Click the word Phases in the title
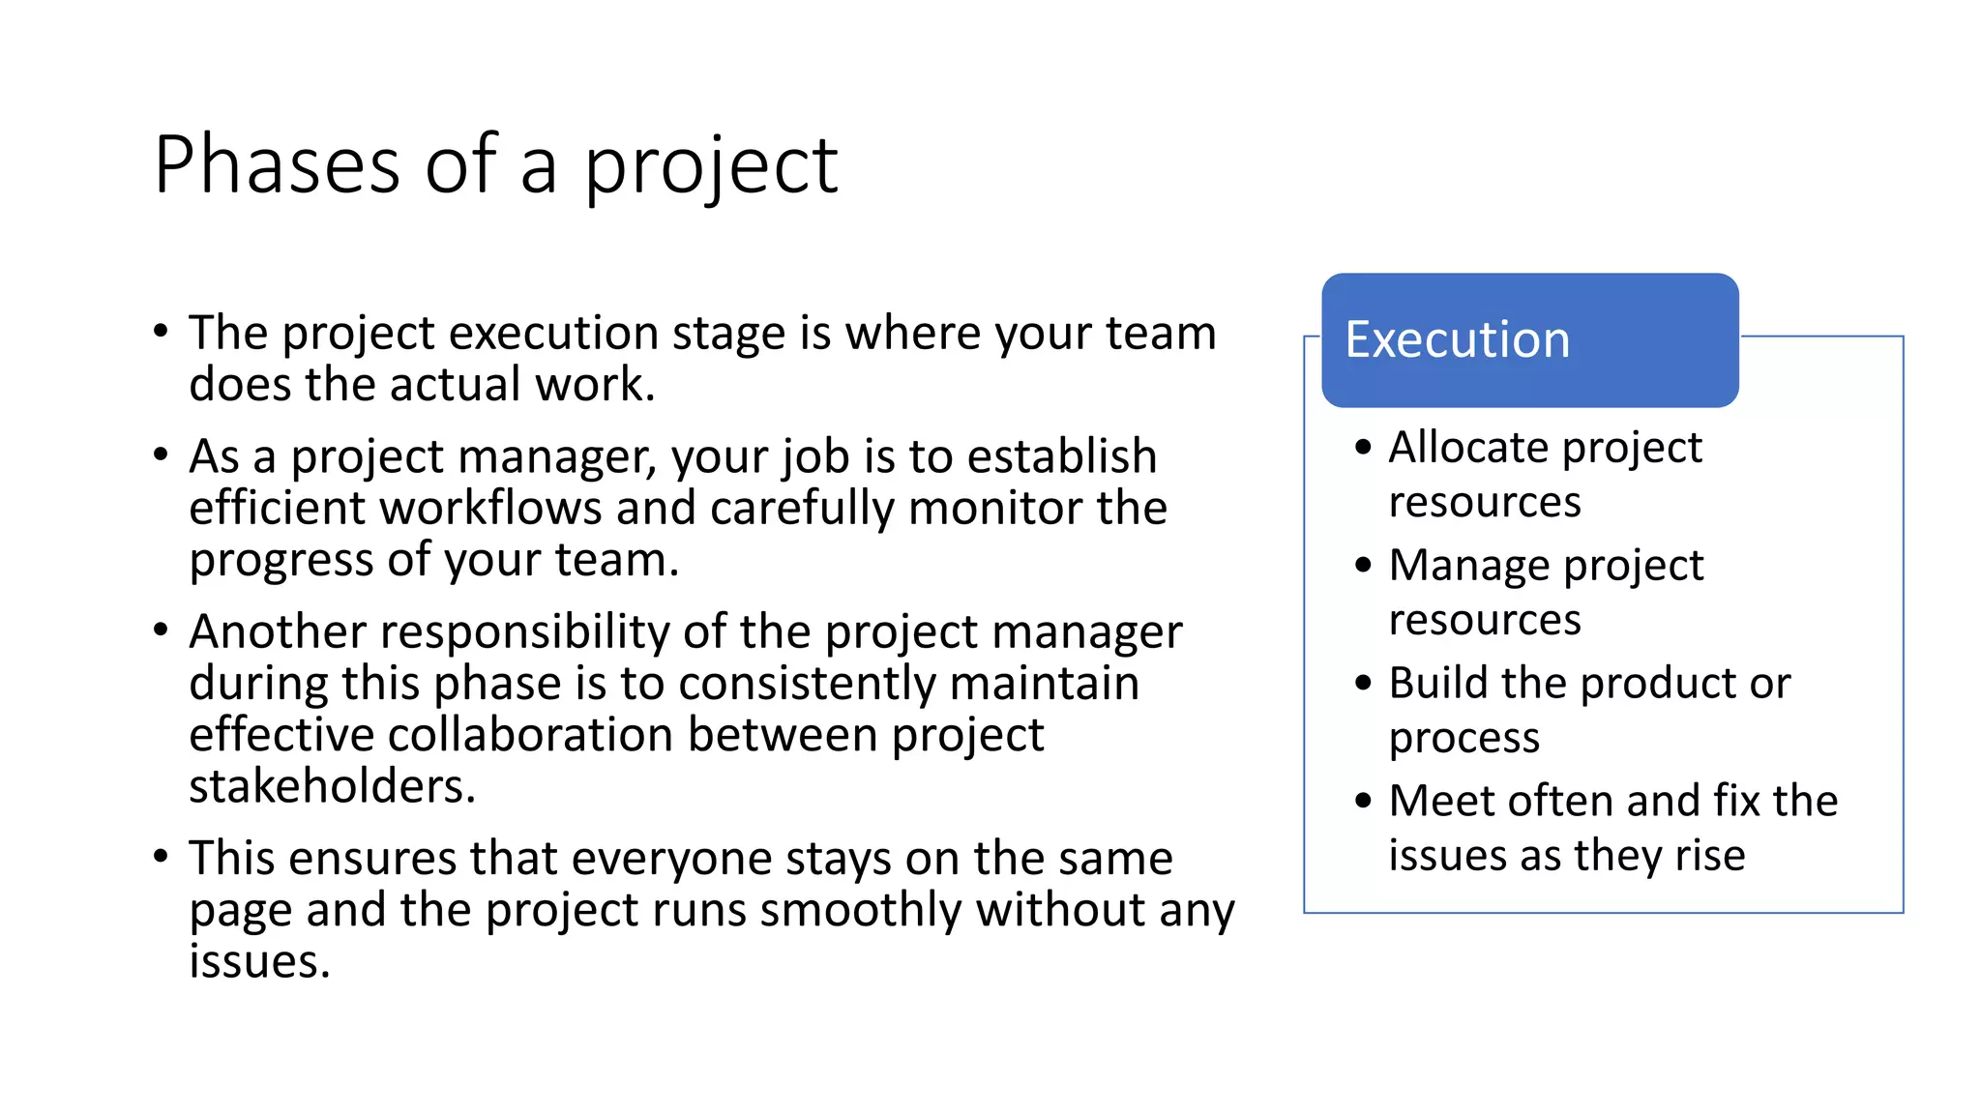click(277, 165)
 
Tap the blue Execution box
click(1529, 340)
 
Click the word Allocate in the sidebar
click(1467, 448)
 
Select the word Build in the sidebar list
click(1438, 683)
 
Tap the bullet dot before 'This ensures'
click(162, 856)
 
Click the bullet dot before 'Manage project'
click(1364, 565)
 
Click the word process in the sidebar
click(1464, 739)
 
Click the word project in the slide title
click(711, 167)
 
